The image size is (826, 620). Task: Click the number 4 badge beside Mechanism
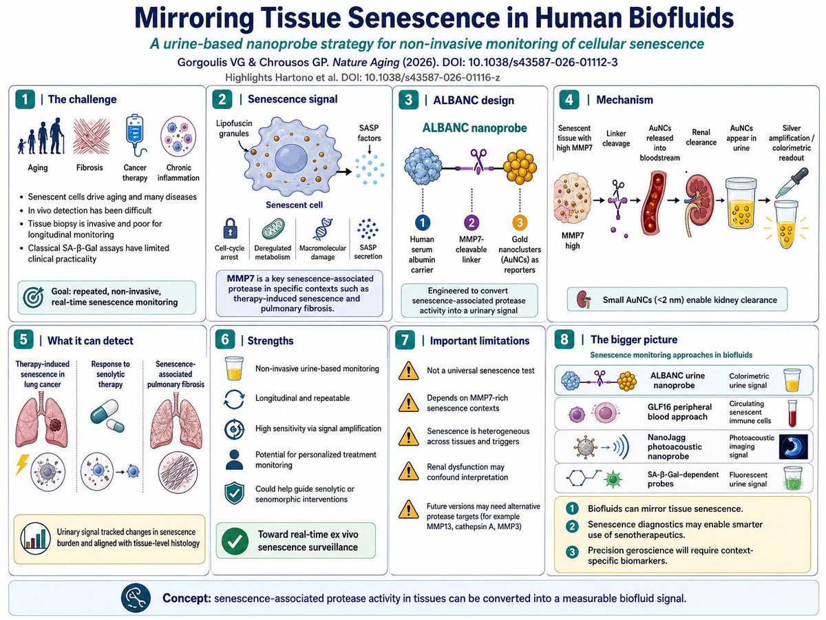point(569,100)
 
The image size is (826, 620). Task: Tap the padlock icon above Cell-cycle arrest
point(230,229)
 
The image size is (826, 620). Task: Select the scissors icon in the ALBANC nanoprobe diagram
point(478,161)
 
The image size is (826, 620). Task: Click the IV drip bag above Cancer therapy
point(135,136)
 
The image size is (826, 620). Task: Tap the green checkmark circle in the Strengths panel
point(235,541)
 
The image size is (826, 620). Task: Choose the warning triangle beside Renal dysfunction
point(408,471)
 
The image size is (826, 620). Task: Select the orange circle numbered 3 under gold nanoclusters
point(520,223)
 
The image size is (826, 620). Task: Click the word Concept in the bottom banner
point(187,598)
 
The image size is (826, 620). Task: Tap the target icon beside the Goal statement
point(33,298)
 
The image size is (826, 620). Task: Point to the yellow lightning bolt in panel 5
point(22,464)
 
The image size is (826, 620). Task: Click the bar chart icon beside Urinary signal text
point(36,538)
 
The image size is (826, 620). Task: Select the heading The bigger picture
point(634,340)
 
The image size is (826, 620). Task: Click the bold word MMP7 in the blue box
point(240,278)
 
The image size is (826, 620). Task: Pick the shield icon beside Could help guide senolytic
point(235,493)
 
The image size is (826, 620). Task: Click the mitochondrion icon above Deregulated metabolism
point(273,229)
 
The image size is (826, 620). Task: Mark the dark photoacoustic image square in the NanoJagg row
point(793,446)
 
